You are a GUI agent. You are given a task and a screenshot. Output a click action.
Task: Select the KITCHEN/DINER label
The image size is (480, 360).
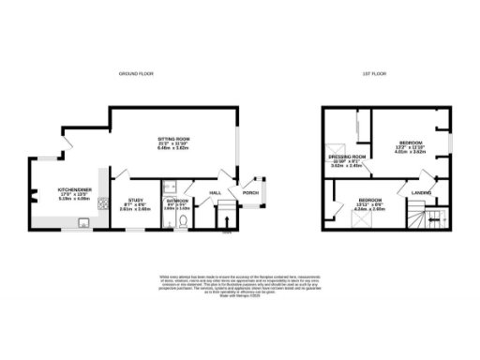[73, 188]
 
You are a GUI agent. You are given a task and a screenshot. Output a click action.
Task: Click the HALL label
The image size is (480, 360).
[216, 193]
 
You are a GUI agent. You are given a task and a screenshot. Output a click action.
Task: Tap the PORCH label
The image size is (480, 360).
[250, 193]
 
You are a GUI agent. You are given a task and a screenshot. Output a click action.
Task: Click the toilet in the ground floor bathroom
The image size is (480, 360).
[186, 221]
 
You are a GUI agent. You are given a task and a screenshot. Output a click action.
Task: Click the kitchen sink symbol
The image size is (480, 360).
[83, 223]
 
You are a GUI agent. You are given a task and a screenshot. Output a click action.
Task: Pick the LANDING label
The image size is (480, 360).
[420, 193]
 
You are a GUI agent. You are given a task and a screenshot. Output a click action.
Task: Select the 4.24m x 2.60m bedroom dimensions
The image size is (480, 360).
[370, 209]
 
